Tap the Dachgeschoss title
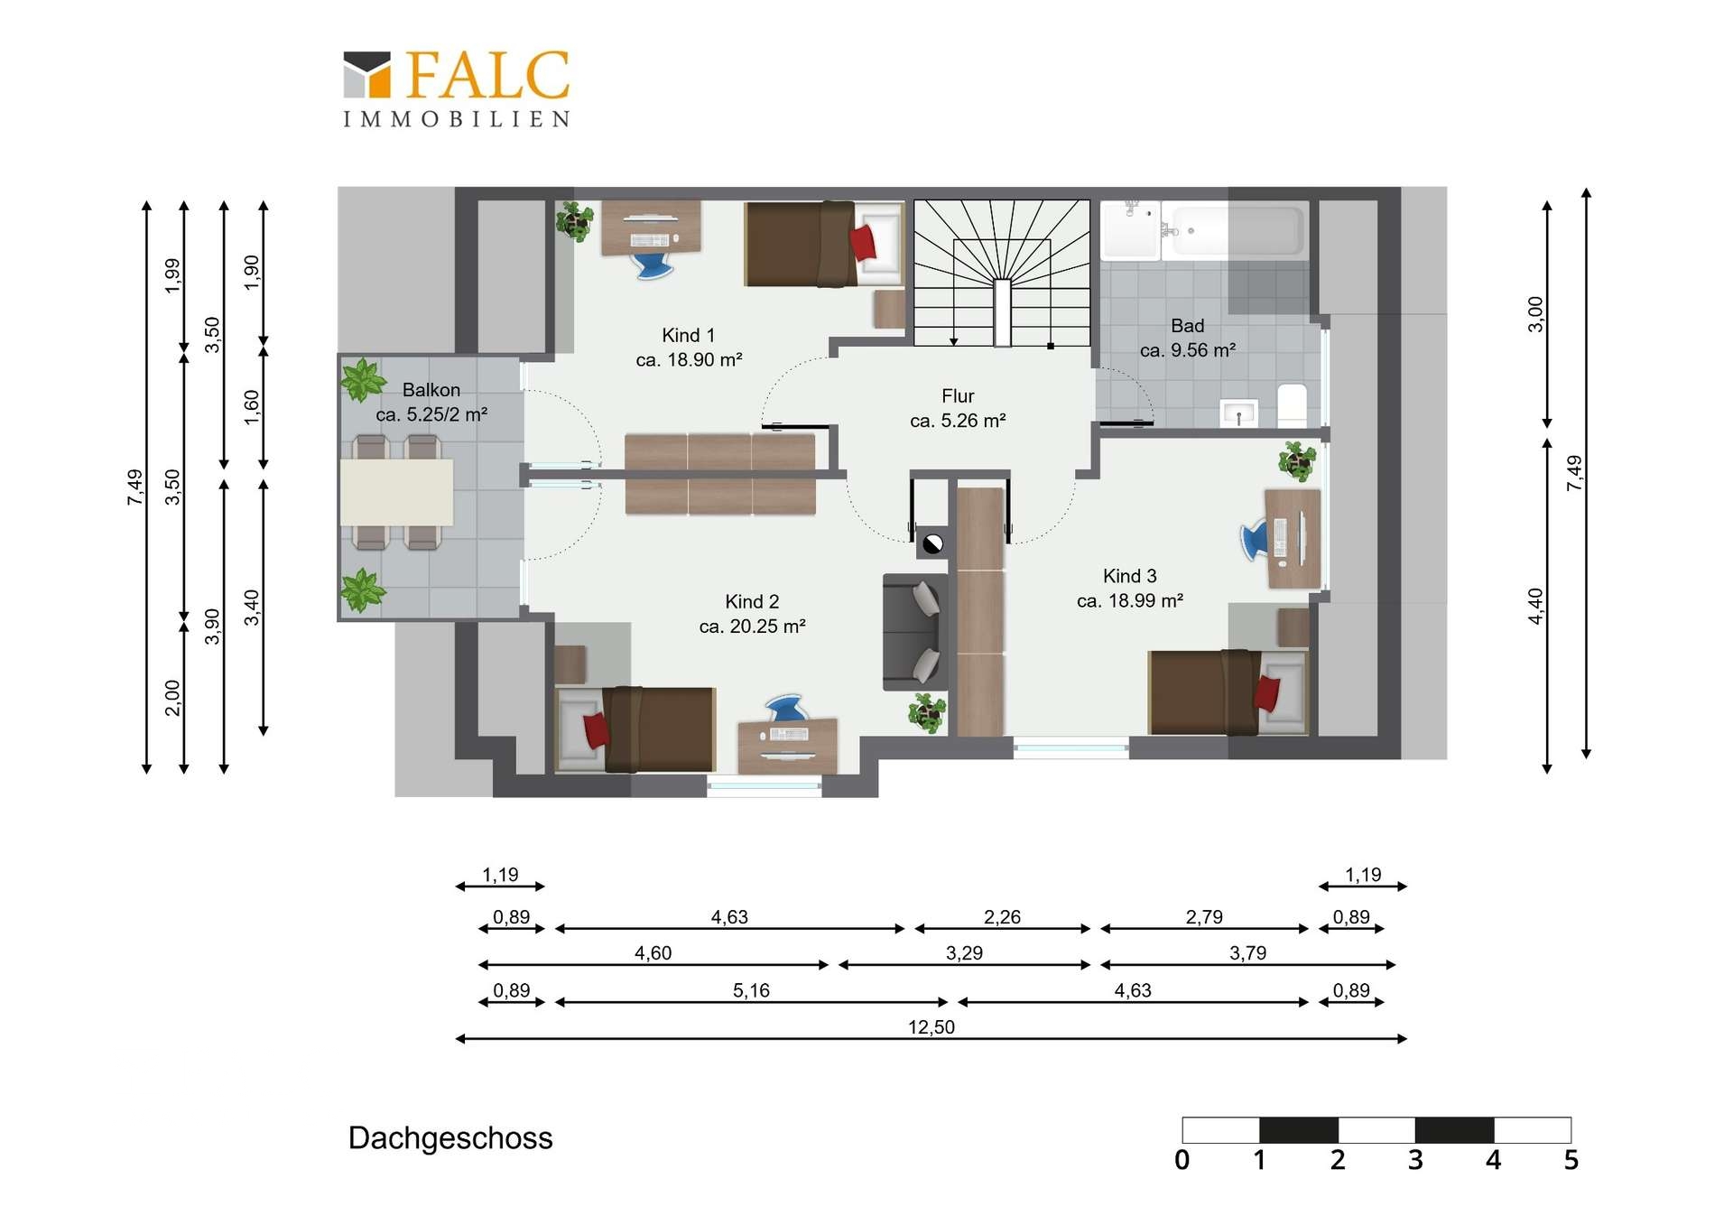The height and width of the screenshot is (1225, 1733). click(450, 1138)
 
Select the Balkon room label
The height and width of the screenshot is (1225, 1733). click(431, 390)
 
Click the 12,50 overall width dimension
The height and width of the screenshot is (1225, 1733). click(931, 1027)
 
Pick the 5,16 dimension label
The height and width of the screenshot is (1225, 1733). click(751, 990)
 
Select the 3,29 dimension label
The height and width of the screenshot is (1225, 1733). click(964, 953)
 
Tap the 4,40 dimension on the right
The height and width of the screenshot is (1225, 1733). click(1535, 606)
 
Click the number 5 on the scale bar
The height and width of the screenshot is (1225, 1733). click(1571, 1160)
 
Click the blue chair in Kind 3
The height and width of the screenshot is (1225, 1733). click(1255, 540)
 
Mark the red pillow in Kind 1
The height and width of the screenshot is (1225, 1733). click(863, 243)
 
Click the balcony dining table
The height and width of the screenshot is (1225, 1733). click(396, 492)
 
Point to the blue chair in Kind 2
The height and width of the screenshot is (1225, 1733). click(785, 708)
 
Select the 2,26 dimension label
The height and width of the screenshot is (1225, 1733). click(1002, 917)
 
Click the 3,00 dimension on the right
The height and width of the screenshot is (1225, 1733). click(1535, 314)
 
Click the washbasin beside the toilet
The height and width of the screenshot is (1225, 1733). click(1239, 413)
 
